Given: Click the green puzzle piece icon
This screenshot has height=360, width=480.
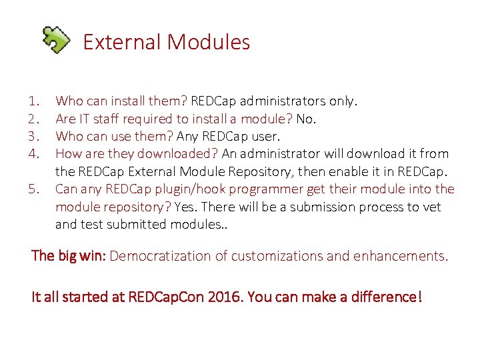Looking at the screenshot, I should [56, 39].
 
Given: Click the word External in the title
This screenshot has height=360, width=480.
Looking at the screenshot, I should [122, 42].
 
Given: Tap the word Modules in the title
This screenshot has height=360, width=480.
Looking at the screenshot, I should [209, 42].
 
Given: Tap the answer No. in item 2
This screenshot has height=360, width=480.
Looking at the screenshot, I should [307, 119].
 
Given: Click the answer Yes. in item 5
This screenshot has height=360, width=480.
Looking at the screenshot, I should [187, 207].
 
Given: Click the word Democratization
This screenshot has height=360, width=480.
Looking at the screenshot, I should [162, 256].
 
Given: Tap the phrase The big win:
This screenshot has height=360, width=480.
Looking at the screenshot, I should [69, 256].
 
